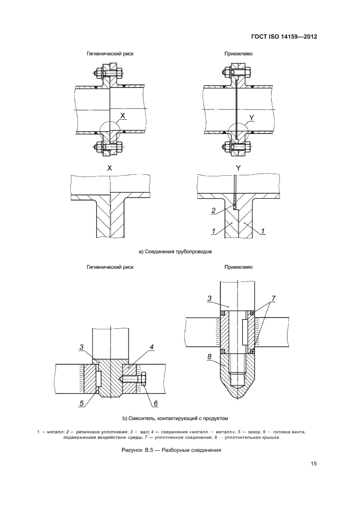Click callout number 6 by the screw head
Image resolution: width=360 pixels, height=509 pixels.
tap(155, 403)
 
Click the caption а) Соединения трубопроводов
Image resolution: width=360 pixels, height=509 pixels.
tap(175, 252)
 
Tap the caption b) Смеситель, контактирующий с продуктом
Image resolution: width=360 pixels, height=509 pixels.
tap(175, 418)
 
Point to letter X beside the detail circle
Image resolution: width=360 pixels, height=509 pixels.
tap(123, 116)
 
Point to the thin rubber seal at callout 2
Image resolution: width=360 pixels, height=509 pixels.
tap(234, 207)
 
